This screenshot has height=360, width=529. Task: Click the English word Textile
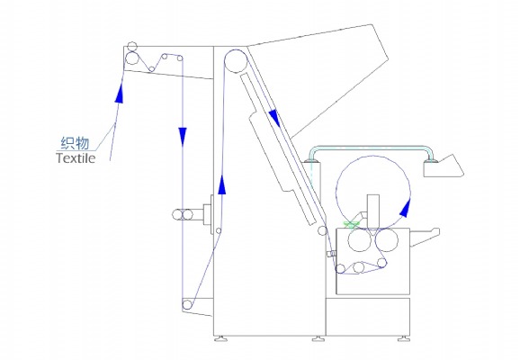point(76,157)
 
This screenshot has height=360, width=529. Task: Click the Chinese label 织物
point(75,143)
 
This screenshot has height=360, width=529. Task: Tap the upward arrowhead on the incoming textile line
point(119,91)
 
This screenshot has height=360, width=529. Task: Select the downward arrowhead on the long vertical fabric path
point(183,136)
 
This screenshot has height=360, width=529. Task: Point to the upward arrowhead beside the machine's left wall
point(221,184)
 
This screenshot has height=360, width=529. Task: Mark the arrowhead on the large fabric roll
point(405,208)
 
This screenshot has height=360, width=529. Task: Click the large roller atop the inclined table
point(236,61)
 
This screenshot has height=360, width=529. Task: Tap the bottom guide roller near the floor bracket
point(187,305)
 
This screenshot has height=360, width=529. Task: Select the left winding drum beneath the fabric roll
point(359,240)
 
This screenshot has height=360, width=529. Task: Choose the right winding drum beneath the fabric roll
point(387,240)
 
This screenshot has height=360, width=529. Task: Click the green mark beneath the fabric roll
point(352,224)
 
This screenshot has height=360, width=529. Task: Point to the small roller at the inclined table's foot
point(322,230)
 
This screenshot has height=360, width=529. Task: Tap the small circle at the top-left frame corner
point(132,46)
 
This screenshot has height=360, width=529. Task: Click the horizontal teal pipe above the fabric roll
point(371,148)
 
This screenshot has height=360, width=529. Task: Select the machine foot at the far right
point(404,338)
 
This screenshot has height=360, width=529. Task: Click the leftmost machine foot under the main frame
point(220,338)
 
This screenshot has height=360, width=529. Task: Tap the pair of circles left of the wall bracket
point(183,214)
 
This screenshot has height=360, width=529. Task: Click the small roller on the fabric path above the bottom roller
point(219,231)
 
